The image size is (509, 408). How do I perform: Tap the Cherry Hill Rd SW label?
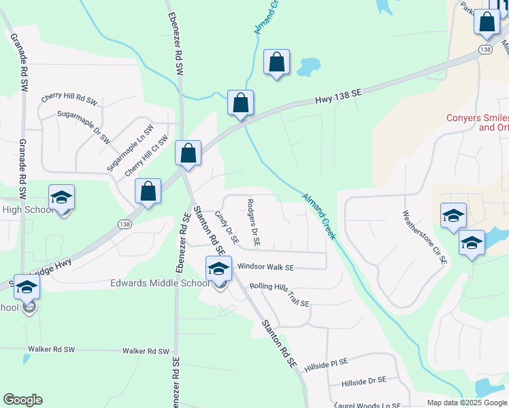tap(70, 99)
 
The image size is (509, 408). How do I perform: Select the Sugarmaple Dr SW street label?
tap(83, 127)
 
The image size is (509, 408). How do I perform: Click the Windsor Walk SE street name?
tap(265, 268)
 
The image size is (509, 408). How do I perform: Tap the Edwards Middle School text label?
tap(160, 283)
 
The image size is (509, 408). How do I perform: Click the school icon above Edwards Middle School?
tap(218, 269)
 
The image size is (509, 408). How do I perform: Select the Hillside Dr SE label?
tap(363, 381)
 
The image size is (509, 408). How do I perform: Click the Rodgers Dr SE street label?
tap(253, 222)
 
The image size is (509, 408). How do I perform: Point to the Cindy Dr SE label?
tap(227, 227)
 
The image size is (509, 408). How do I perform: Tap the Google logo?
tap(22, 399)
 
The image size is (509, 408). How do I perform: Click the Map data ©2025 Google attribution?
tap(466, 402)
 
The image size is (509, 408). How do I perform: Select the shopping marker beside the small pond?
tap(276, 63)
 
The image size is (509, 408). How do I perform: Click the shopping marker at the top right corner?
tap(487, 22)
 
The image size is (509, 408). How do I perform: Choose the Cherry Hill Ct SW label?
tap(146, 156)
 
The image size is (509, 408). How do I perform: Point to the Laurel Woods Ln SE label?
tap(365, 404)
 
